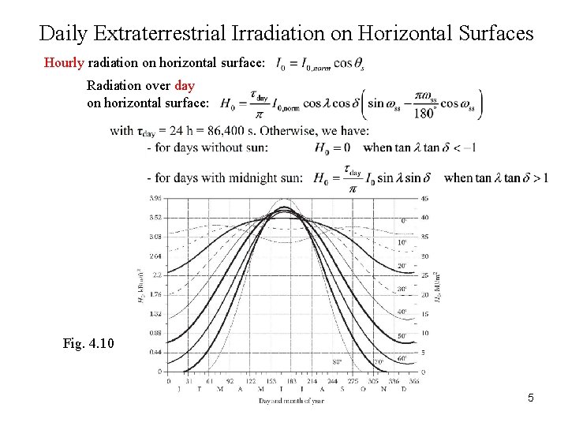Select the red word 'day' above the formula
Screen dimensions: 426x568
click(185, 85)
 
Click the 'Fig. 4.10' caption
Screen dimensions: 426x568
click(88, 343)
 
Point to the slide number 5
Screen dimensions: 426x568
click(531, 398)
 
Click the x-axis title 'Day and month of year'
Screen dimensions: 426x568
click(291, 400)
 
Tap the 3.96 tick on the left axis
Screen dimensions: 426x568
click(155, 198)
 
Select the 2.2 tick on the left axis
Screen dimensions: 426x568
click(157, 275)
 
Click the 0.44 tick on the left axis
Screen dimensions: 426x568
click(155, 352)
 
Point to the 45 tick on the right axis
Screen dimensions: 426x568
click(424, 198)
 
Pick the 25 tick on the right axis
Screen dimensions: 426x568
click(424, 275)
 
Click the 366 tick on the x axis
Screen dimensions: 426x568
click(415, 380)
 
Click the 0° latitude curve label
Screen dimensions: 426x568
click(405, 220)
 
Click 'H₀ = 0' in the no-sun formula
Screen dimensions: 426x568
click(332, 148)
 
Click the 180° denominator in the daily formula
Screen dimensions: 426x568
click(424, 113)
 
